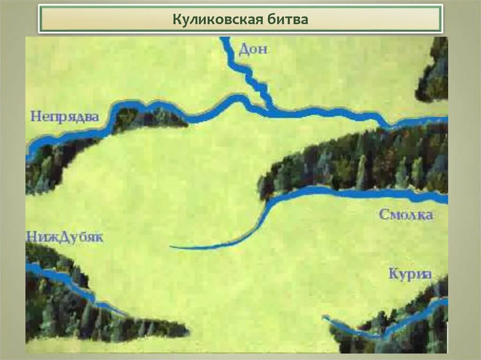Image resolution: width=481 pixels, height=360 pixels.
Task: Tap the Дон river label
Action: click(253, 49)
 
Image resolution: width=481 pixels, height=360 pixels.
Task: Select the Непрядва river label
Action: click(65, 116)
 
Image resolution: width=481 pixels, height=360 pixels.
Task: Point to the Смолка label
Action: click(406, 215)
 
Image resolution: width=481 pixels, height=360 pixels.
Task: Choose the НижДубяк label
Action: click(64, 237)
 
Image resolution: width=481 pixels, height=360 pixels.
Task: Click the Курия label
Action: click(410, 274)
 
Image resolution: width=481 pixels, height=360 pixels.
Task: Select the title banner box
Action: click(240, 19)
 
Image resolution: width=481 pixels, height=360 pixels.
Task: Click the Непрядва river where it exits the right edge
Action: click(444, 121)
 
